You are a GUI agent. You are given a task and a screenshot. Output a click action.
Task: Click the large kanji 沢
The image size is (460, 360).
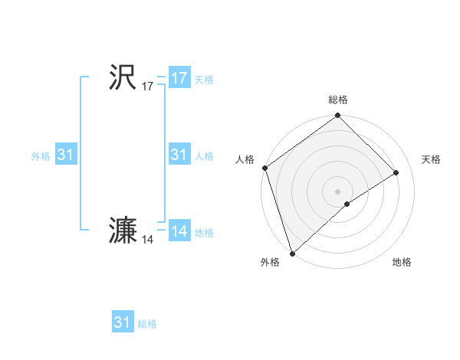[123, 77]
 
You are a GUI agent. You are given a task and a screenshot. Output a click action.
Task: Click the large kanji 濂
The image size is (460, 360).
[123, 231]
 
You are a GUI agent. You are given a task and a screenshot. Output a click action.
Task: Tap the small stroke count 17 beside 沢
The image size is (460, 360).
[148, 87]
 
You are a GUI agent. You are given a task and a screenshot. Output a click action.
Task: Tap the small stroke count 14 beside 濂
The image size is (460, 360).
[148, 241]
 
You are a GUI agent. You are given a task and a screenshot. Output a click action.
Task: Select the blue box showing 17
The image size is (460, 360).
[179, 78]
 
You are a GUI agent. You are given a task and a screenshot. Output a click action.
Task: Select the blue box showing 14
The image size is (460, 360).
[179, 231]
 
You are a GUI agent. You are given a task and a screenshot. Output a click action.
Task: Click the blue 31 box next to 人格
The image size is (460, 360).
[179, 155]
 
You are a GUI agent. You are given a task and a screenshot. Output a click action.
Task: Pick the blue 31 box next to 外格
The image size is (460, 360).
[66, 155]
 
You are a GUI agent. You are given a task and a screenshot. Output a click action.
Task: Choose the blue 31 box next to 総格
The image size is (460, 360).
[123, 322]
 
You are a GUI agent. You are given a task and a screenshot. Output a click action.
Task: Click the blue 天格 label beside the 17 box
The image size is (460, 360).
[204, 80]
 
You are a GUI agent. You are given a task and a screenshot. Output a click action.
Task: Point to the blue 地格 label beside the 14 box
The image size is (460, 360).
[204, 233]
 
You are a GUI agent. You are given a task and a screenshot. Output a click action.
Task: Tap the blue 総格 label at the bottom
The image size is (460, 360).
[147, 324]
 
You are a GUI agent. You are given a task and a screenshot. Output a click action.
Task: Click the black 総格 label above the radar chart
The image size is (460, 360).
[337, 100]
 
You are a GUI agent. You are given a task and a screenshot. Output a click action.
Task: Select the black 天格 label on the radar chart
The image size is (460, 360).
[431, 159]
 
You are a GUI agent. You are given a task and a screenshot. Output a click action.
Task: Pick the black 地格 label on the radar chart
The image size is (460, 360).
[402, 262]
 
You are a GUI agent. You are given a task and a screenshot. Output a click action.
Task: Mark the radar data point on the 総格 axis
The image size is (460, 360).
[337, 116]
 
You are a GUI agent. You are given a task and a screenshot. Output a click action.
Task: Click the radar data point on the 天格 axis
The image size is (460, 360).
[396, 172]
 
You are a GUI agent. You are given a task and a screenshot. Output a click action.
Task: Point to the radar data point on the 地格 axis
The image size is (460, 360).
[347, 204]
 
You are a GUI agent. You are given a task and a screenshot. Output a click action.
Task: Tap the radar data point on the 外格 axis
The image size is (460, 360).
[292, 252]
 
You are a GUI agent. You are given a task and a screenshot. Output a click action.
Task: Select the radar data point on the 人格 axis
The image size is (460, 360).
[265, 168]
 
